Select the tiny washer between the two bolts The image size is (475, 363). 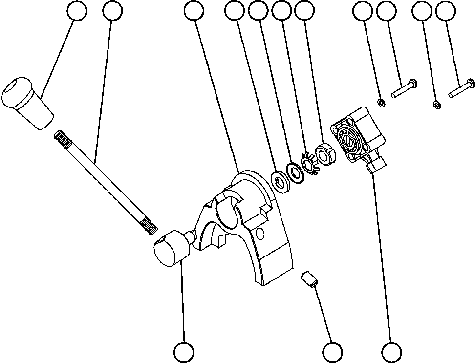click(x=437, y=104)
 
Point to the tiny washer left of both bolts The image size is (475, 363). click(x=380, y=102)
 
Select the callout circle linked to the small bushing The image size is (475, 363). click(x=332, y=352)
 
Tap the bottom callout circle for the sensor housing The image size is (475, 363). click(x=391, y=352)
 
